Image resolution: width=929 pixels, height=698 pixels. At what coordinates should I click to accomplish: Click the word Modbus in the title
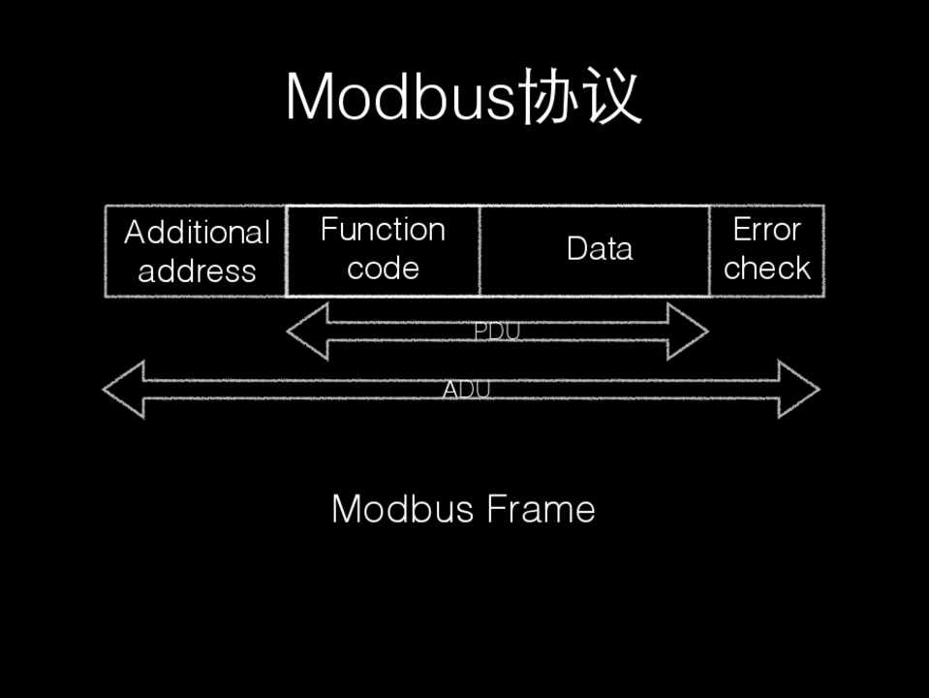[x=400, y=97]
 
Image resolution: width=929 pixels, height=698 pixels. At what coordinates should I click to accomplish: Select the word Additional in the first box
[x=197, y=233]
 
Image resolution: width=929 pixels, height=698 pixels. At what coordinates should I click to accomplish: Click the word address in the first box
[x=197, y=271]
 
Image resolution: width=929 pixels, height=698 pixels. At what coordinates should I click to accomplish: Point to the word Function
[x=383, y=230]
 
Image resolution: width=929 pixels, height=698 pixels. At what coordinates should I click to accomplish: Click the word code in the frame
[x=383, y=269]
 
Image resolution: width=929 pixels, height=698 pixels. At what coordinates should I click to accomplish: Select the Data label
[x=600, y=249]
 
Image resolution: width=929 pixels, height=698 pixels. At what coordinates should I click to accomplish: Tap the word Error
[x=766, y=230]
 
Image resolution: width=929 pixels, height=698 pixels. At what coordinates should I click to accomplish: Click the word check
[x=766, y=269]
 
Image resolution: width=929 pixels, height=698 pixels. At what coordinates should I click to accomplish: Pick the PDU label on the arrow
[x=497, y=332]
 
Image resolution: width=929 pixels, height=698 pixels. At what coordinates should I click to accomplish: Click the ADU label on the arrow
[x=466, y=391]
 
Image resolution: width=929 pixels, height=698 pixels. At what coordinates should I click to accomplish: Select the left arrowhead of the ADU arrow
[x=123, y=391]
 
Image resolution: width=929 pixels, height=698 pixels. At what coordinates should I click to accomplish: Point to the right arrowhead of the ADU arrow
[x=799, y=391]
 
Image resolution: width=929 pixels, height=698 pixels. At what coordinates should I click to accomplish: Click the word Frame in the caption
[x=541, y=509]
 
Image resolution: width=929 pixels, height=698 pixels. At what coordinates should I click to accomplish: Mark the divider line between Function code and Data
[x=480, y=250]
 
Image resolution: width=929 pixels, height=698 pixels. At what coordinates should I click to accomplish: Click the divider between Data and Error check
[x=709, y=250]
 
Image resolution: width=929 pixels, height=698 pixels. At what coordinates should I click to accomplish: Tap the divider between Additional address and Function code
[x=287, y=250]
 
